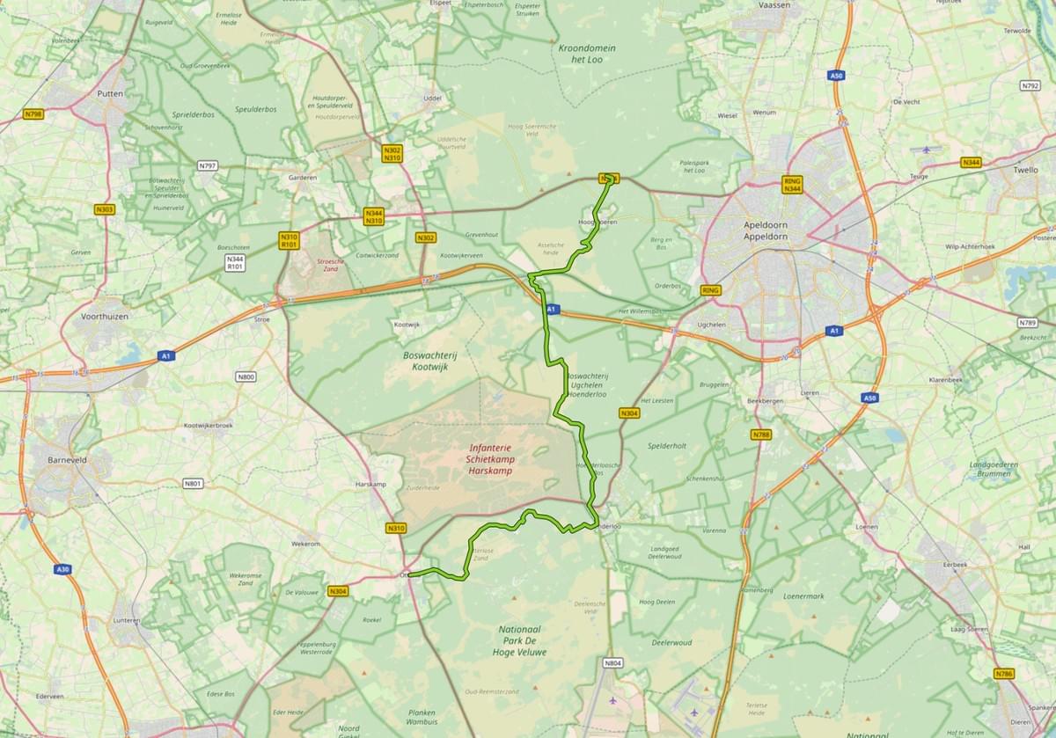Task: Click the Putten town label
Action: (111, 92)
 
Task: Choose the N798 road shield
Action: (33, 114)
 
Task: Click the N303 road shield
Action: (105, 209)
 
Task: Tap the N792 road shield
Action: (1030, 86)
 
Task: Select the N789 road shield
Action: (1026, 323)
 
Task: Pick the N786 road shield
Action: (1004, 674)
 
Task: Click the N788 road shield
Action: (761, 435)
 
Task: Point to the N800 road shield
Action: (246, 377)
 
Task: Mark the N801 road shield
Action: (193, 483)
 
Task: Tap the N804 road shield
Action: (613, 662)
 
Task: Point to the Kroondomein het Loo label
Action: (587, 53)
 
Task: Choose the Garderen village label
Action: (302, 178)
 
